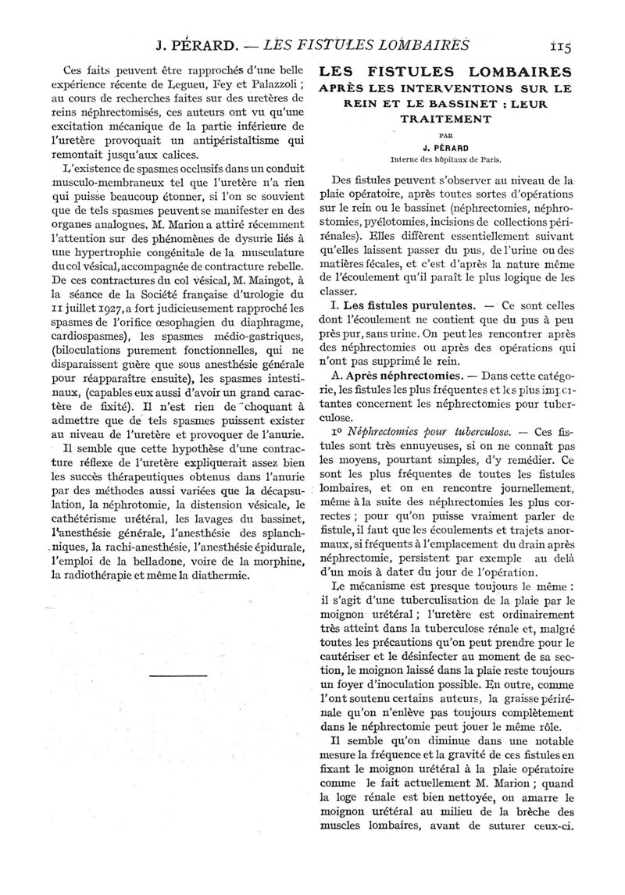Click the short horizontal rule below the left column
[173, 673]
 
